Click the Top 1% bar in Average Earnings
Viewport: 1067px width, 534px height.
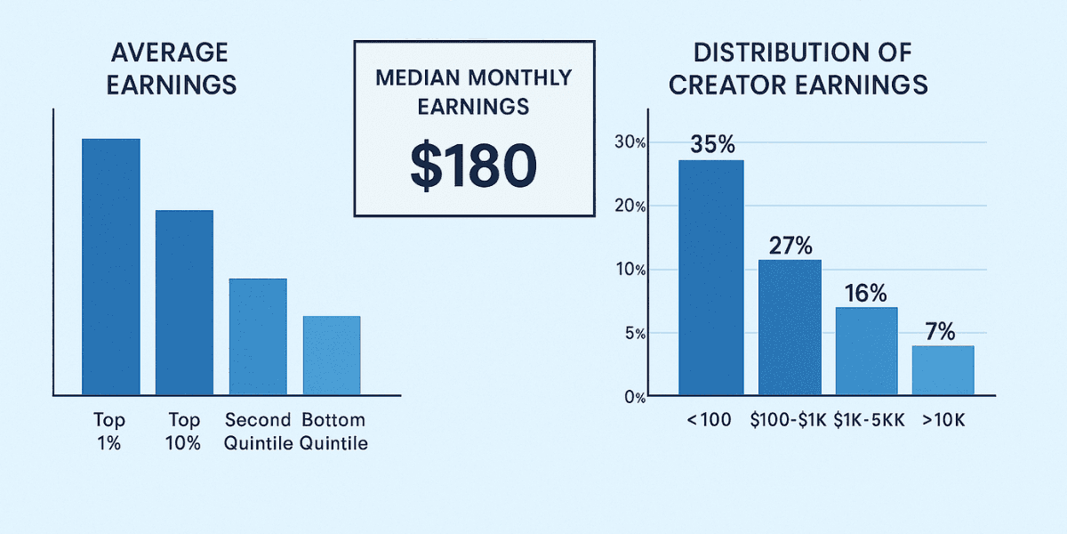click(111, 266)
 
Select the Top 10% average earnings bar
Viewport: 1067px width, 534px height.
click(184, 302)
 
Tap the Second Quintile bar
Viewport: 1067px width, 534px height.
click(258, 336)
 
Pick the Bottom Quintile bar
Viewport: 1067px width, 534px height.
click(332, 355)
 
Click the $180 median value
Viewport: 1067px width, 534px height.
click(473, 166)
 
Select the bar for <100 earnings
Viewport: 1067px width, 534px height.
click(711, 277)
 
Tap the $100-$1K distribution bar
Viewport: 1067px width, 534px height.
click(790, 327)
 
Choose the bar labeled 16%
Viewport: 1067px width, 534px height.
click(866, 351)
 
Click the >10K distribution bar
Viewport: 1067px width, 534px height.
click(943, 369)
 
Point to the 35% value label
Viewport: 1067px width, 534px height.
click(711, 144)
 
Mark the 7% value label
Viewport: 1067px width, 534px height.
click(939, 332)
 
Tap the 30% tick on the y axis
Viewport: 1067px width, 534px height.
click(629, 143)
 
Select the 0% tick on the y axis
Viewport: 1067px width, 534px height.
click(633, 397)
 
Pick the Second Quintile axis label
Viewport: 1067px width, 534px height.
click(259, 432)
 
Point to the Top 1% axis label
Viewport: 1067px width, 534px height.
click(109, 432)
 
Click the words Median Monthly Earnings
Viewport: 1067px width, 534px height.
click(473, 92)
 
